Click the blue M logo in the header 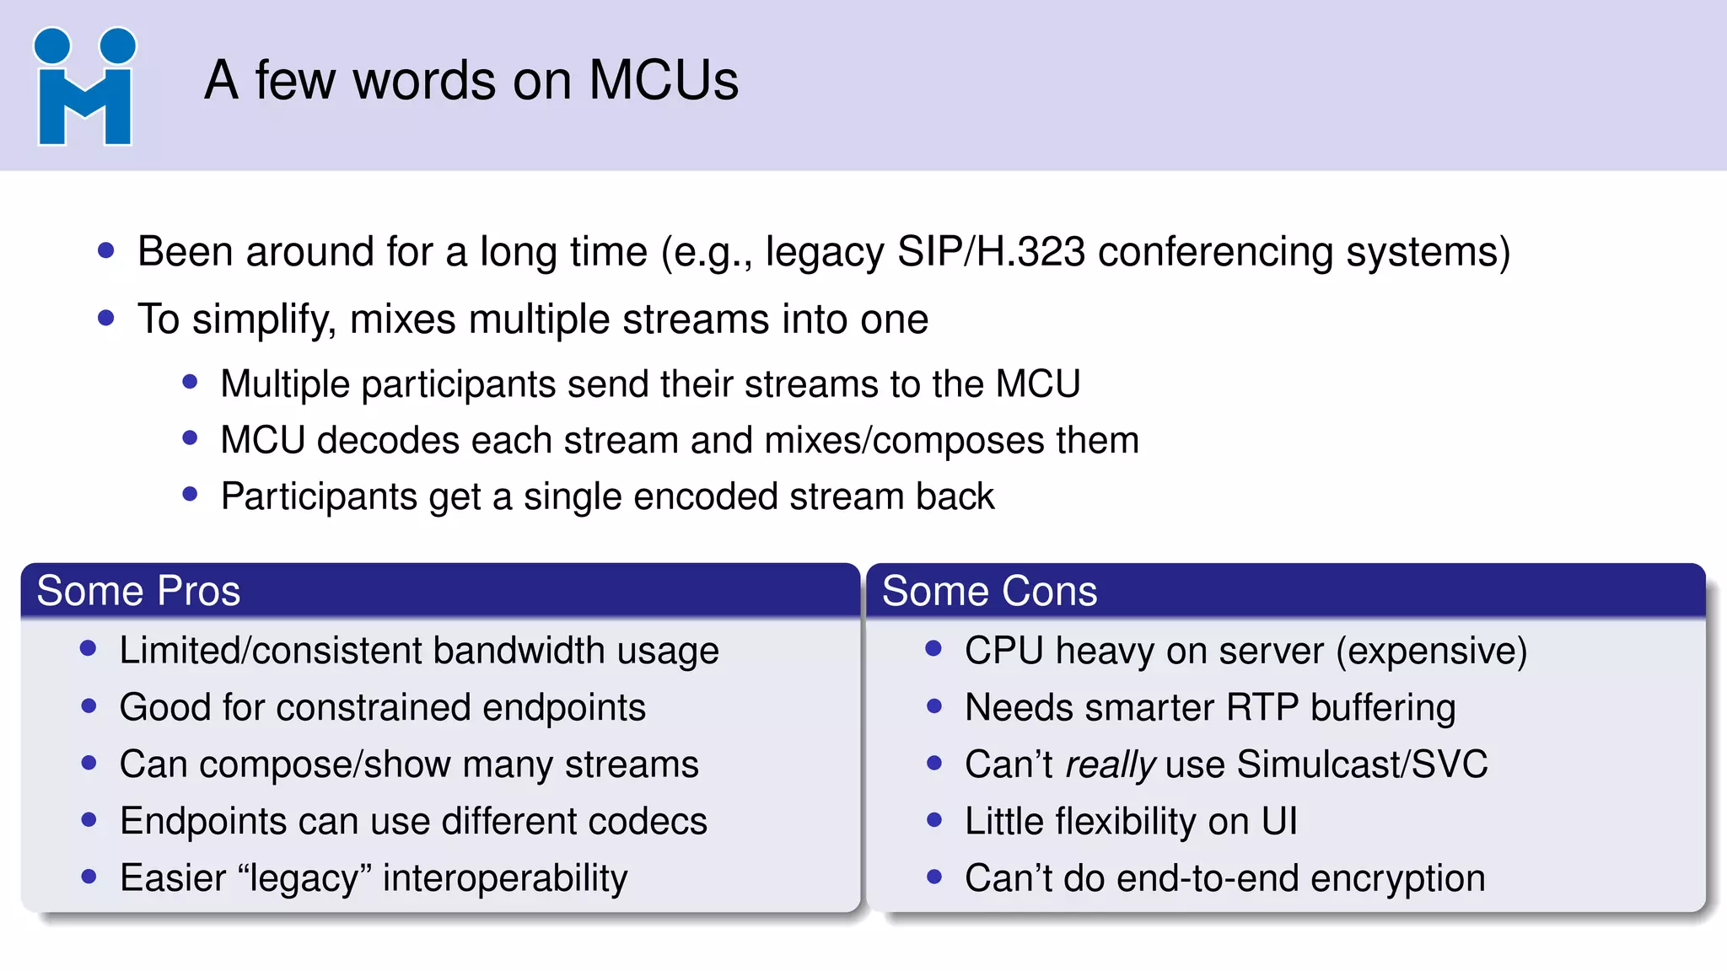pos(84,88)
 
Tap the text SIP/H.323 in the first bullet pos(991,252)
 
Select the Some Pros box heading pos(138,591)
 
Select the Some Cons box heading pos(989,591)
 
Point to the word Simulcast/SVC pos(1362,764)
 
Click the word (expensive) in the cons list pos(1432,652)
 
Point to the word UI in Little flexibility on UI pos(1279,822)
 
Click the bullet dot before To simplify pos(105,318)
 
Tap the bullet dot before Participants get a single pos(190,494)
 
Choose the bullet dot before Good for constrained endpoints pos(89,705)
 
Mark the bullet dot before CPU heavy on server pos(933,648)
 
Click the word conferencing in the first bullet pos(1215,252)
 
